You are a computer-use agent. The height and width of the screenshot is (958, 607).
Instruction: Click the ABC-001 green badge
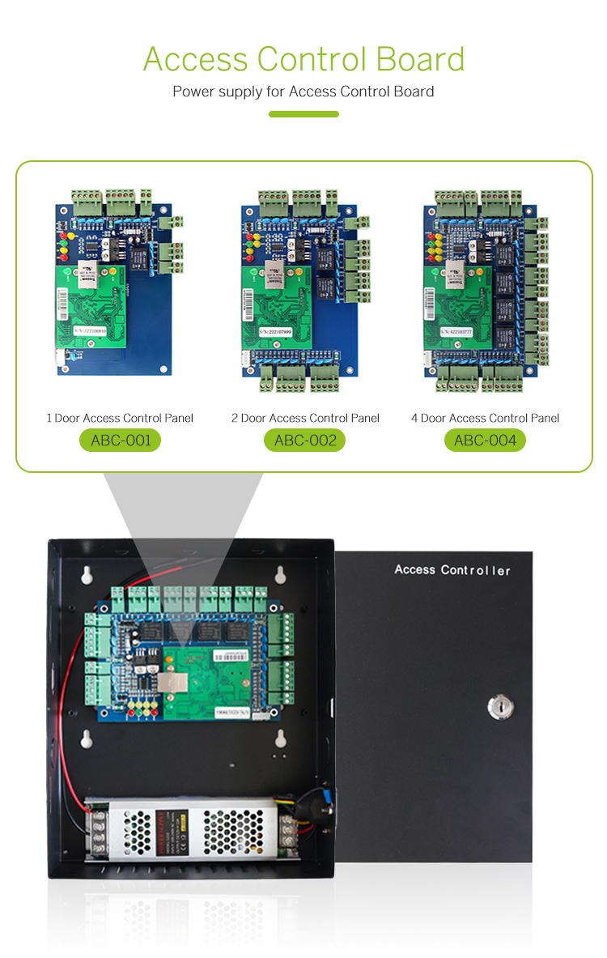click(x=120, y=441)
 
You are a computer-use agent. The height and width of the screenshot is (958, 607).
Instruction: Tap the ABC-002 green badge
click(x=304, y=441)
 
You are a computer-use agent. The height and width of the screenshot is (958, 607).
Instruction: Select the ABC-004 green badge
click(x=485, y=441)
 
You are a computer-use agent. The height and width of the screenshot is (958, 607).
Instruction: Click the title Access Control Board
click(x=303, y=60)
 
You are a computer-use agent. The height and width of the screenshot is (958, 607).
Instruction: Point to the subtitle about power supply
click(x=303, y=92)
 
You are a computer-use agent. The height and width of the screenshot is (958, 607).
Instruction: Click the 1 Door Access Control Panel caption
click(x=120, y=418)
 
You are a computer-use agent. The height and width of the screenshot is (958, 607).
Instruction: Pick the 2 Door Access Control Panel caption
click(x=304, y=418)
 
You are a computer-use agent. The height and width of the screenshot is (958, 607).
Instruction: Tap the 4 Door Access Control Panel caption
click(x=485, y=418)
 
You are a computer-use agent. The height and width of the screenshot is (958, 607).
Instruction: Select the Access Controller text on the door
click(x=452, y=570)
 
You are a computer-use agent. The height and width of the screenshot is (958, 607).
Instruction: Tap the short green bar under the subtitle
click(x=303, y=114)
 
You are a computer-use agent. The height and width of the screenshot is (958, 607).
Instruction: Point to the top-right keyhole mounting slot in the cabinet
click(x=280, y=574)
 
